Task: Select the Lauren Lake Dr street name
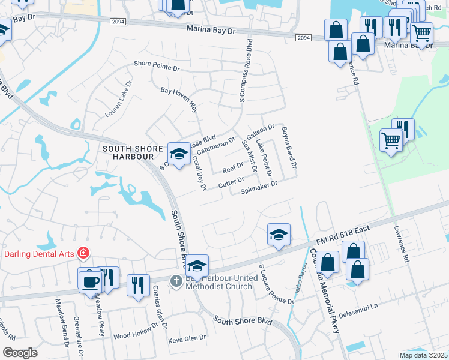tap(118, 99)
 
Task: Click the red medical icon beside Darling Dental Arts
tap(83, 254)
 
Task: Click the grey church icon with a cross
tap(175, 280)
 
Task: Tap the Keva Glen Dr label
tap(187, 339)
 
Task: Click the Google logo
tap(20, 353)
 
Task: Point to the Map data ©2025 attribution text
tap(423, 355)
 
